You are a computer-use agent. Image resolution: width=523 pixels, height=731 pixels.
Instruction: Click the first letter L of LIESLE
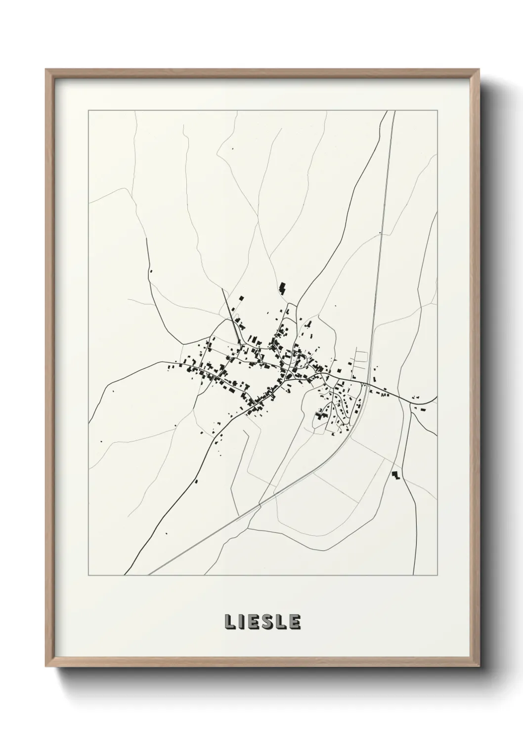click(230, 622)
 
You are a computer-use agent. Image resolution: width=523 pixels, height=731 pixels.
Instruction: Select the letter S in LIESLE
click(267, 622)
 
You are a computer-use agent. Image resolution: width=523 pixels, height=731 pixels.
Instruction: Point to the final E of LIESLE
click(295, 622)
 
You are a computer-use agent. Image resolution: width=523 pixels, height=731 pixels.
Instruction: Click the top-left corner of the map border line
click(88, 111)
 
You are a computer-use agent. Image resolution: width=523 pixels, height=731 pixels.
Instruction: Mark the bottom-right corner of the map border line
click(437, 575)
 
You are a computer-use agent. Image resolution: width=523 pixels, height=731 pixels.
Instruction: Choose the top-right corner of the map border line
click(437, 111)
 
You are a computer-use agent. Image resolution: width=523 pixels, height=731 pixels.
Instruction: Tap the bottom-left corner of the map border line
click(88, 575)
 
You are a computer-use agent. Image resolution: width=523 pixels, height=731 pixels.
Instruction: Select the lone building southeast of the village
click(395, 475)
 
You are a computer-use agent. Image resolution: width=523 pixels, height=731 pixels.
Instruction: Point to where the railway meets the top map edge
click(394, 111)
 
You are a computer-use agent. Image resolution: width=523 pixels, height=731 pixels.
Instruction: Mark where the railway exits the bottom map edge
click(149, 575)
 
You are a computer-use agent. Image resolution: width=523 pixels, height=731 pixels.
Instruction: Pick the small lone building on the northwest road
click(151, 271)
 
